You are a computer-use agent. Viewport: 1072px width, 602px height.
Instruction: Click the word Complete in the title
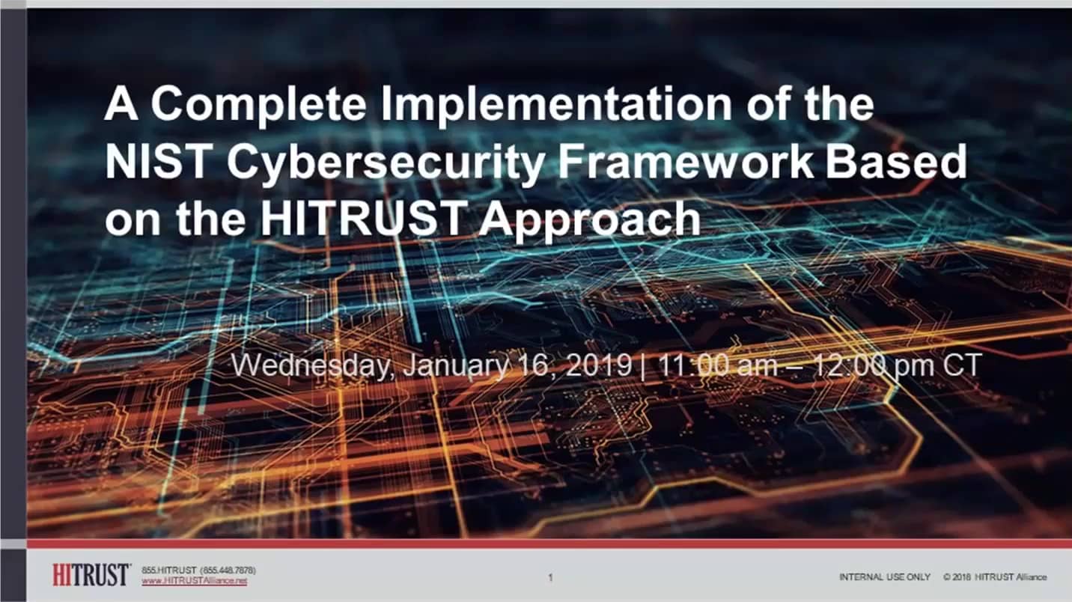click(258, 106)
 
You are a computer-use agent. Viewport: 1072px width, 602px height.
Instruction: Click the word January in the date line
click(456, 366)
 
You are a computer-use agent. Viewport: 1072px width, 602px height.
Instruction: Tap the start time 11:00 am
click(718, 365)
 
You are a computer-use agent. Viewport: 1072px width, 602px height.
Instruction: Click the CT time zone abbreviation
click(963, 365)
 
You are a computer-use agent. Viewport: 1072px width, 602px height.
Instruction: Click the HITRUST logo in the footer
click(91, 575)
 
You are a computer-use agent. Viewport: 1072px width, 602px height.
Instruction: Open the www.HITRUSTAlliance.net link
click(195, 581)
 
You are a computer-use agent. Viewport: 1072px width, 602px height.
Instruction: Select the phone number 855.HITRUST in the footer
click(169, 571)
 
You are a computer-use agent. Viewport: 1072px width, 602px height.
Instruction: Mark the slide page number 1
click(550, 577)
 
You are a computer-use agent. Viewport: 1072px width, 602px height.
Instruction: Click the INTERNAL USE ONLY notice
click(885, 577)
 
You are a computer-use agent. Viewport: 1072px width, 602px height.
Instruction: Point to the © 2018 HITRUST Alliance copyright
click(995, 577)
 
